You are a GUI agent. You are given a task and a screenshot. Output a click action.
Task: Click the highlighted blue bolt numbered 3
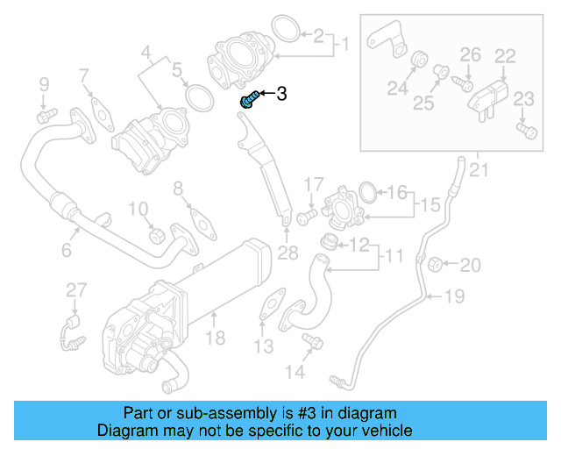[x=248, y=99]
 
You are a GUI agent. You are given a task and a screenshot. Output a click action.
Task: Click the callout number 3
[x=281, y=94]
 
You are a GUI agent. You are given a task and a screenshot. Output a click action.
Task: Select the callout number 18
[x=215, y=338]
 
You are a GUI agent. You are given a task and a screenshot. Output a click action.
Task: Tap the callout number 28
[x=288, y=253]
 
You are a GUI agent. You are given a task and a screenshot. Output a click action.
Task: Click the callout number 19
[x=452, y=296]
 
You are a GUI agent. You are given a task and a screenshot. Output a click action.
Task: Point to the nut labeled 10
[x=157, y=235]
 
